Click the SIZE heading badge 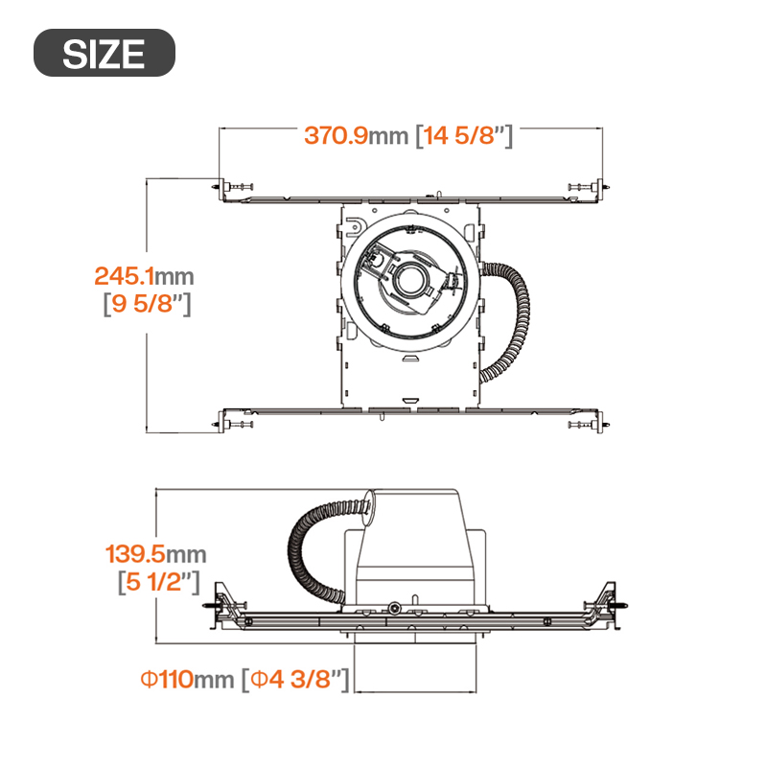click(x=105, y=53)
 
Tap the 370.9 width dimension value click(x=336, y=135)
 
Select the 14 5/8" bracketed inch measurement click(x=464, y=135)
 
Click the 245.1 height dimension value click(x=124, y=276)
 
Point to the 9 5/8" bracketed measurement click(x=148, y=304)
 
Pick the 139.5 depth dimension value click(x=135, y=554)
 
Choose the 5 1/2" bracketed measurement click(x=159, y=582)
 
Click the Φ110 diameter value click(x=167, y=679)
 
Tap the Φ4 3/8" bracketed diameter click(x=295, y=680)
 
